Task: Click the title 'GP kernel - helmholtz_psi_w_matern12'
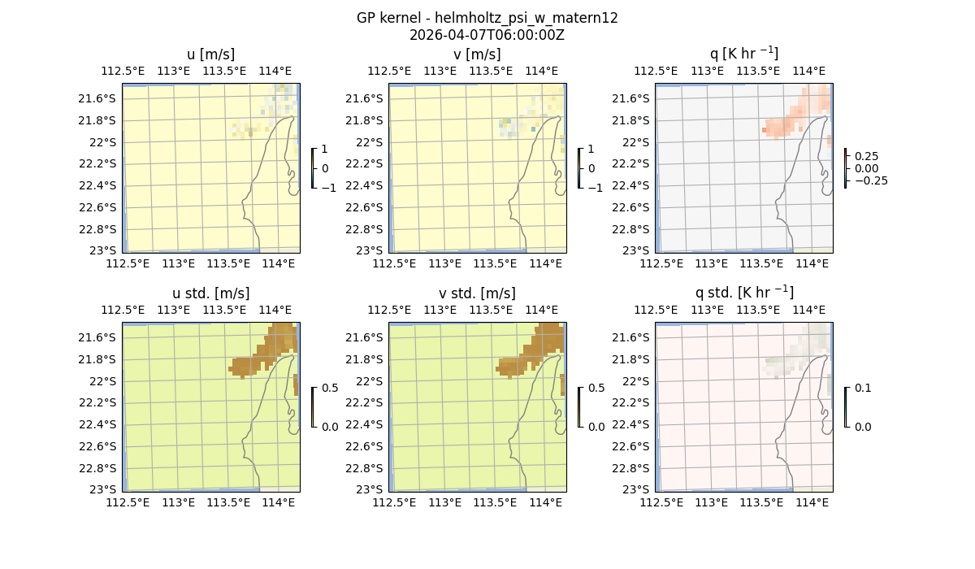pos(487,18)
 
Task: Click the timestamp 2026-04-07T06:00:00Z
pos(487,35)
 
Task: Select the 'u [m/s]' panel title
pos(210,54)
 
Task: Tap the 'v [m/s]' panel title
pos(477,54)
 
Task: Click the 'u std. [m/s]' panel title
pos(210,293)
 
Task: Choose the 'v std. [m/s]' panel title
pos(477,293)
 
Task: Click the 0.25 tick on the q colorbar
pos(865,156)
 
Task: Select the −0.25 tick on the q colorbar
pos(870,180)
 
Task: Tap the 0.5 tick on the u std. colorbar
pos(330,388)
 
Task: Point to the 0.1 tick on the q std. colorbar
pos(863,388)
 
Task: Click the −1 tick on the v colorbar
pos(595,188)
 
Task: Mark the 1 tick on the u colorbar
pos(325,149)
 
